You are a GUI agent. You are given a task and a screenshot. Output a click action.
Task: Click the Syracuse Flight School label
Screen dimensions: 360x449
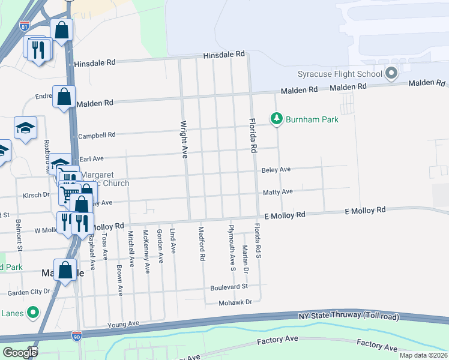tap(340, 74)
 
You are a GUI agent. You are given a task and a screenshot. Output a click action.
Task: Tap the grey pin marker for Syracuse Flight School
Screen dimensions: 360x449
tap(392, 74)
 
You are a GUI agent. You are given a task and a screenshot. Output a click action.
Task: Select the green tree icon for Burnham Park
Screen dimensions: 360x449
tap(276, 119)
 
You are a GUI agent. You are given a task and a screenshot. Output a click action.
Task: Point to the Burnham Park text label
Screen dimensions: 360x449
tap(312, 119)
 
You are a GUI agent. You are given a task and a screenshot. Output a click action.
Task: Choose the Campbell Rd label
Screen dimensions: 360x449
tap(96, 136)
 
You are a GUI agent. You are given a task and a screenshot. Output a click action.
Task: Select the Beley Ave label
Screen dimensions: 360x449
tap(276, 170)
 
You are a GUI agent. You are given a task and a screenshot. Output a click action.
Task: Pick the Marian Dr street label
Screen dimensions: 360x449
tap(246, 259)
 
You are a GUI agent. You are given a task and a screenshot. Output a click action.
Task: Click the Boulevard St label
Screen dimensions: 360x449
tap(229, 287)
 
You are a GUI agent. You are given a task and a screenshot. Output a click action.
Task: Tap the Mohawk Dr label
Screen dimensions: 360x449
tap(235, 302)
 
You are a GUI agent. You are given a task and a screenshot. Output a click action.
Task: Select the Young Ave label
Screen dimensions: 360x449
tap(123, 324)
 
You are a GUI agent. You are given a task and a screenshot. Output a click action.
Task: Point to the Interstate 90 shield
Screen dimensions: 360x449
tap(76, 337)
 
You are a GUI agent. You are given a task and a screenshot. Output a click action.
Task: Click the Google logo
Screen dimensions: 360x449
tap(20, 352)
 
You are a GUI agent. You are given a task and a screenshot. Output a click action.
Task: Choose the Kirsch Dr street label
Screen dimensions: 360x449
tap(37, 195)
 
